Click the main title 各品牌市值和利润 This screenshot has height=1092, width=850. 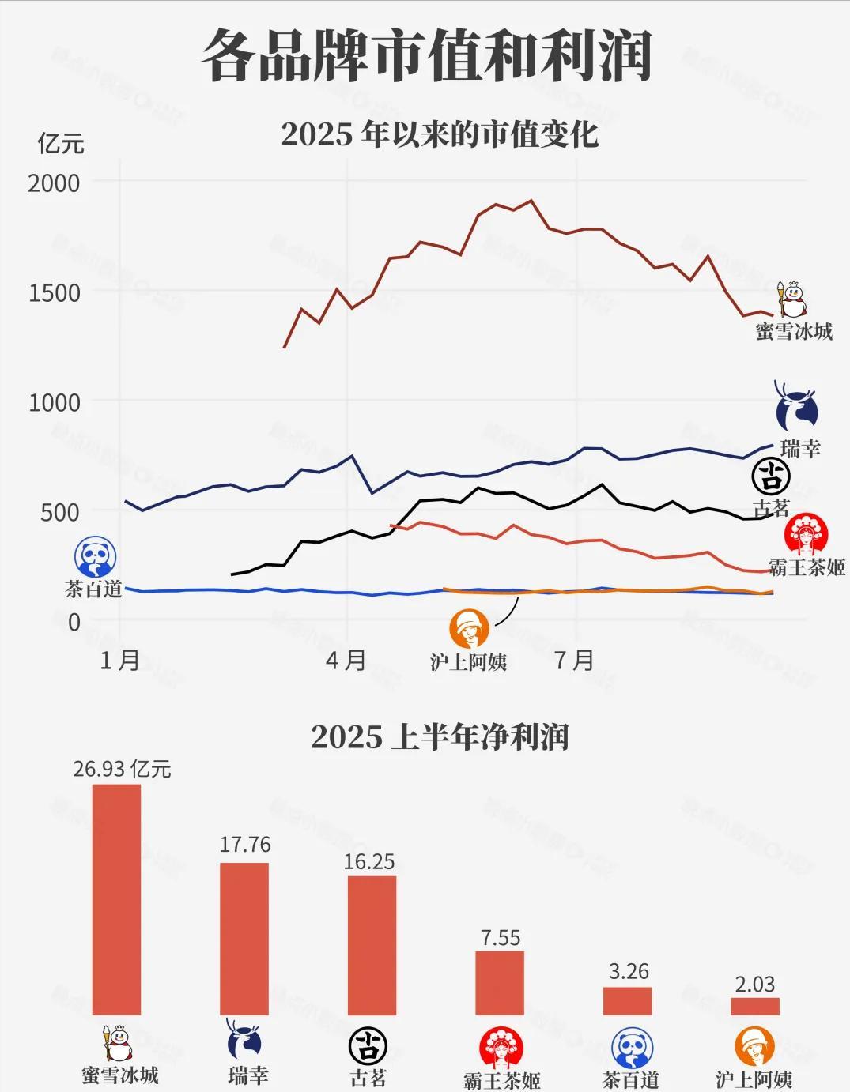[425, 57]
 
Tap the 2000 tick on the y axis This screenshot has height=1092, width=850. [54, 183]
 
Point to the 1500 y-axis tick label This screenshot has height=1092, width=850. [54, 292]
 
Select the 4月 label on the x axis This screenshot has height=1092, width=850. [346, 659]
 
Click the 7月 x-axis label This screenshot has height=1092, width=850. [574, 659]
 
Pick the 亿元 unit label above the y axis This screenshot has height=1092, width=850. [60, 143]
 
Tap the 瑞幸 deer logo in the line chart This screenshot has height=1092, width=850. [795, 409]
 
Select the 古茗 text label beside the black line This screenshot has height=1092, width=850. [771, 508]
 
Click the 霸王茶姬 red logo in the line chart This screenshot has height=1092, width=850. [806, 536]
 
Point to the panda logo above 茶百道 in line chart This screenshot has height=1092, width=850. [95, 556]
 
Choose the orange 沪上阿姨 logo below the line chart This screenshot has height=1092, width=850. [469, 629]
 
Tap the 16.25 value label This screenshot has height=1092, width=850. [369, 861]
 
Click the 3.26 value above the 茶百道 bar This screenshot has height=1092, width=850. [629, 971]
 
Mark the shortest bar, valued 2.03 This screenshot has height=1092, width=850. [755, 1006]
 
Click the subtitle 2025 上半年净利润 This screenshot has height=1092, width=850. [440, 737]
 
